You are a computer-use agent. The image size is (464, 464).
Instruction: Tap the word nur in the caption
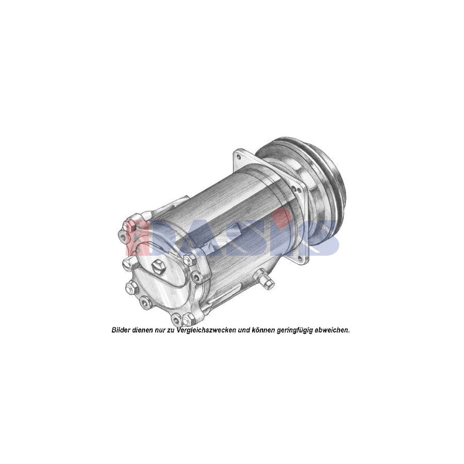point(161,330)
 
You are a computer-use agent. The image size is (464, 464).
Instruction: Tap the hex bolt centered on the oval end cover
point(158,267)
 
